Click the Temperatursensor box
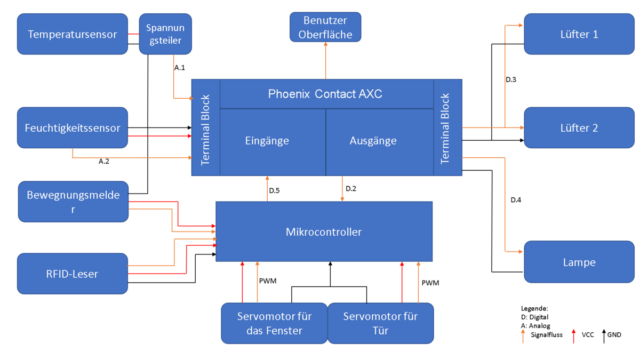pos(73,34)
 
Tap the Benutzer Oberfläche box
pos(325,28)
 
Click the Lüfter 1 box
pos(579,34)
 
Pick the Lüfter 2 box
pos(579,128)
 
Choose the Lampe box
pos(579,262)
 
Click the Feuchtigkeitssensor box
pos(73,128)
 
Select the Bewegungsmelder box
pos(73,202)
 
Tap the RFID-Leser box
pos(73,274)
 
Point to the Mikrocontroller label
pos(324,232)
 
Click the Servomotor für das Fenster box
pos(274,323)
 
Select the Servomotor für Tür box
pos(380,323)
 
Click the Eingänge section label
pos(267,141)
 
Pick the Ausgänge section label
pos(373,141)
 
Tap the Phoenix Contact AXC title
pos(325,94)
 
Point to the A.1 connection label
pos(180,68)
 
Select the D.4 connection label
pos(516,200)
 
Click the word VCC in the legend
pos(588,335)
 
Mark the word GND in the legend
pos(614,335)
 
